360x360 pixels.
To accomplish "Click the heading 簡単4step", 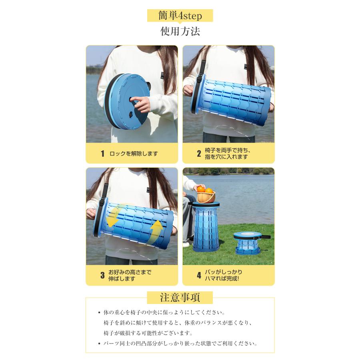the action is [x=180, y=16].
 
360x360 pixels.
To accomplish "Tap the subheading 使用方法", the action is [x=180, y=31].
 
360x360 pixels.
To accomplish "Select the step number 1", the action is [x=102, y=154].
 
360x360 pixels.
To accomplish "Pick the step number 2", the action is [x=199, y=153].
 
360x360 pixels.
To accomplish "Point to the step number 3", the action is [x=102, y=275].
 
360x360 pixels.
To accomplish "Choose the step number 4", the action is [x=199, y=275].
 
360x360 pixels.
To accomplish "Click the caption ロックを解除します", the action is [x=134, y=154].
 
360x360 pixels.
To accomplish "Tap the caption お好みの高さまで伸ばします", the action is [x=130, y=275].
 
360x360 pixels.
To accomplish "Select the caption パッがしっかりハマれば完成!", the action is [x=223, y=275].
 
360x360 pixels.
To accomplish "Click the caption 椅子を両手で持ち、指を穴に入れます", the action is [x=227, y=153].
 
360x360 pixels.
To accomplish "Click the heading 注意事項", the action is [x=180, y=297].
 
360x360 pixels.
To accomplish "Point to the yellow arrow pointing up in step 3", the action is [x=156, y=232].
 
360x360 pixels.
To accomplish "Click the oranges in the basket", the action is [x=205, y=190].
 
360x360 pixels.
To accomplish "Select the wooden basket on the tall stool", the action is [x=206, y=197].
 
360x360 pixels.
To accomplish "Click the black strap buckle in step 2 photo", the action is [x=200, y=79].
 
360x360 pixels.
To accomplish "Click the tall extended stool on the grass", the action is [x=206, y=226].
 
